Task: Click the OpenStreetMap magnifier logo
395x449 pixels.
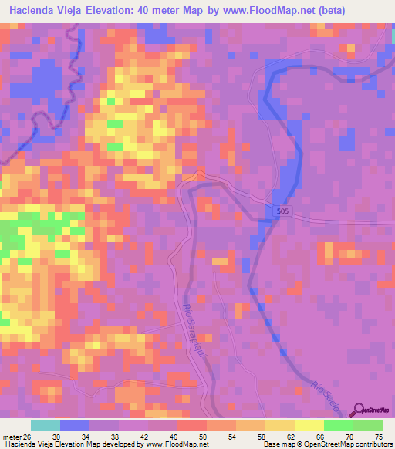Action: (x=360, y=410)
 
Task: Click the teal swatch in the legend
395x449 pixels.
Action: (x=45, y=425)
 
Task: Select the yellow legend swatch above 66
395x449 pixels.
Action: (x=309, y=425)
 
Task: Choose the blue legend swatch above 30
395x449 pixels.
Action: (x=74, y=425)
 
